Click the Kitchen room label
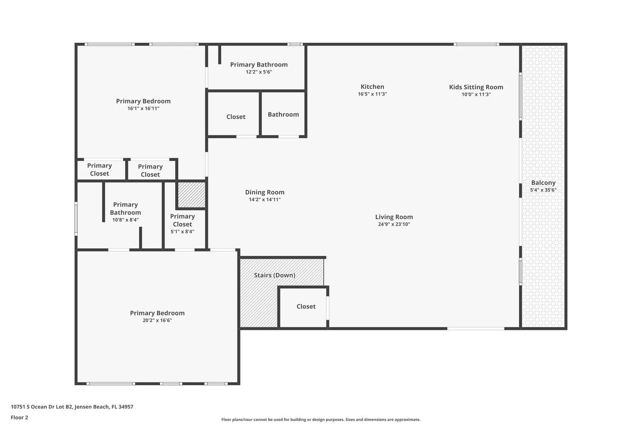pyautogui.click(x=372, y=86)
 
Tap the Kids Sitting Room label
pyautogui.click(x=476, y=87)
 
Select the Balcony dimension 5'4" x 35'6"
pyautogui.click(x=543, y=190)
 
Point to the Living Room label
pyautogui.click(x=394, y=217)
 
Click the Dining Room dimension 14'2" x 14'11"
pyautogui.click(x=265, y=199)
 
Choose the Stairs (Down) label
pyautogui.click(x=275, y=275)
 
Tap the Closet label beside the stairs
pyautogui.click(x=306, y=306)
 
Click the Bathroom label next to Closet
pyautogui.click(x=283, y=115)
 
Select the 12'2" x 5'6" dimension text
pyautogui.click(x=259, y=72)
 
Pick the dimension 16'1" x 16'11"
pyautogui.click(x=143, y=108)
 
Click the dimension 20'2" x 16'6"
pyautogui.click(x=157, y=320)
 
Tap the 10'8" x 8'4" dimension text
pyautogui.click(x=125, y=220)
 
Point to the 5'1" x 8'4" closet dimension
pyautogui.click(x=182, y=231)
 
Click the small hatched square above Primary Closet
pyautogui.click(x=192, y=195)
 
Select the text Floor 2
pyautogui.click(x=19, y=417)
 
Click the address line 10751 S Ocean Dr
pyautogui.click(x=72, y=407)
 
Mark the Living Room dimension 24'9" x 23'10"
pyautogui.click(x=394, y=224)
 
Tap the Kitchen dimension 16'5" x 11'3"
pyautogui.click(x=372, y=94)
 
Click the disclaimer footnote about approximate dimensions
pyautogui.click(x=321, y=419)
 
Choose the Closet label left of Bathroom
pyautogui.click(x=236, y=117)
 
